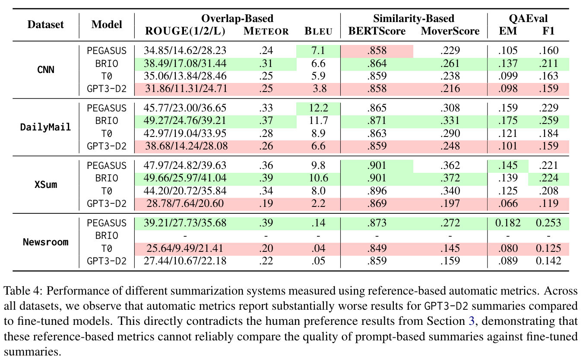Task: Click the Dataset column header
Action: coord(46,25)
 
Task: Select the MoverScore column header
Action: coord(450,31)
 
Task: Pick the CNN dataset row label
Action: coord(46,70)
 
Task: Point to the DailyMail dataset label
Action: coord(46,127)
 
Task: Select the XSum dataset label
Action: coord(46,184)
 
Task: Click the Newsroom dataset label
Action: coord(46,242)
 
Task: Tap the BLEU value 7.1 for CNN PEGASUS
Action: coord(318,51)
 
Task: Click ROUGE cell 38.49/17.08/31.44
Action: coord(186,64)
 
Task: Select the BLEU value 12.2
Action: coord(318,108)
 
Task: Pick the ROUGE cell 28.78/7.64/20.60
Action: coord(186,204)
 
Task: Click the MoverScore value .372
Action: coord(450,178)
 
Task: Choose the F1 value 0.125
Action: coord(548,248)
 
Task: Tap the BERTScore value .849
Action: coord(377,248)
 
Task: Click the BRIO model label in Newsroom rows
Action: coord(107,236)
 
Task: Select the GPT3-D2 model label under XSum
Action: coord(107,204)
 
